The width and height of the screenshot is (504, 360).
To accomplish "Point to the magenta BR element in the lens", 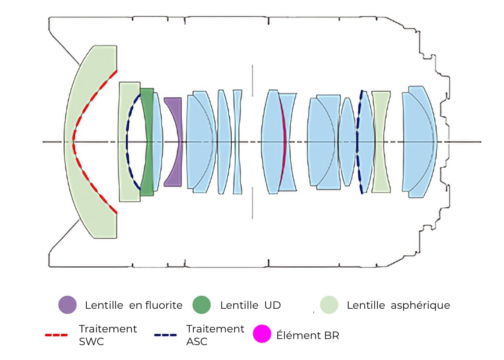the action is pyautogui.click(x=283, y=141).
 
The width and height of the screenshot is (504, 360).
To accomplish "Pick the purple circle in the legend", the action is pyautogui.click(x=67, y=304).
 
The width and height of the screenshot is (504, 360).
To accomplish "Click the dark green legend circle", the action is pyautogui.click(x=202, y=304).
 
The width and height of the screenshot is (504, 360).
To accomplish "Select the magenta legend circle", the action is pyautogui.click(x=262, y=334).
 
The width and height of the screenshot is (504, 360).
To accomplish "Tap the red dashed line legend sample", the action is pyautogui.click(x=57, y=335).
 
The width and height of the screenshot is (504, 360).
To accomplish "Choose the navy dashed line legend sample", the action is pyautogui.click(x=166, y=335).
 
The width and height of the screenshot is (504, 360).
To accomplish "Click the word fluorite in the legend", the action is pyautogui.click(x=156, y=305).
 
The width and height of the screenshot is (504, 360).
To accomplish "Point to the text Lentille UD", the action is pyautogui.click(x=250, y=305).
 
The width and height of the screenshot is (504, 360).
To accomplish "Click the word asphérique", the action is pyautogui.click(x=420, y=305).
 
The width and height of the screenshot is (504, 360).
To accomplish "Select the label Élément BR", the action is pyautogui.click(x=308, y=335).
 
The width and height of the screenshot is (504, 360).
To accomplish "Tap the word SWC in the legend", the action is pyautogui.click(x=91, y=341).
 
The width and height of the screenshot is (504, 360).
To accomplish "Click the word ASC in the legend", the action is pyautogui.click(x=197, y=341).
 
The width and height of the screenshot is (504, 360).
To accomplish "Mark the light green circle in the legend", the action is pyautogui.click(x=329, y=304).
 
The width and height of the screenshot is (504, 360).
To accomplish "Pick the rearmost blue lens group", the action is pyautogui.click(x=419, y=141).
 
